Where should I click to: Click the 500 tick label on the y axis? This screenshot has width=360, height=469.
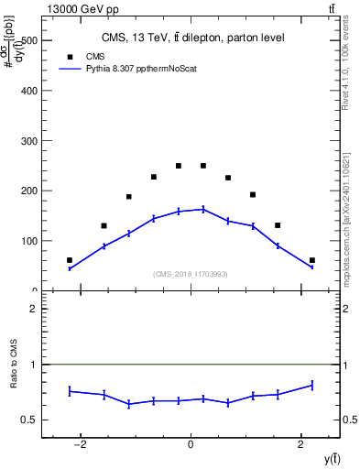27,41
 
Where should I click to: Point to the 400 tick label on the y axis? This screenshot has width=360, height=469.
27,91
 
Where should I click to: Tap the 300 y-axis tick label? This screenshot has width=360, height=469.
27,141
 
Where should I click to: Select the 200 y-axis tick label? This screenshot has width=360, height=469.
27,191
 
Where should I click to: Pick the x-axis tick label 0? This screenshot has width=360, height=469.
191,445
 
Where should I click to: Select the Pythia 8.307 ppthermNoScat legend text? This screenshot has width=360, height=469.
147,69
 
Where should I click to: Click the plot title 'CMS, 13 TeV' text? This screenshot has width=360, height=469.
192,38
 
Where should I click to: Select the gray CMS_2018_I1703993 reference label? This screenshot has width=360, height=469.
191,274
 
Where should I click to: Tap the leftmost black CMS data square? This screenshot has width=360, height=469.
70,260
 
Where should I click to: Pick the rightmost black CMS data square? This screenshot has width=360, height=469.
312,260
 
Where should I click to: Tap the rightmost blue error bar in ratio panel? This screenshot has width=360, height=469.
312,386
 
